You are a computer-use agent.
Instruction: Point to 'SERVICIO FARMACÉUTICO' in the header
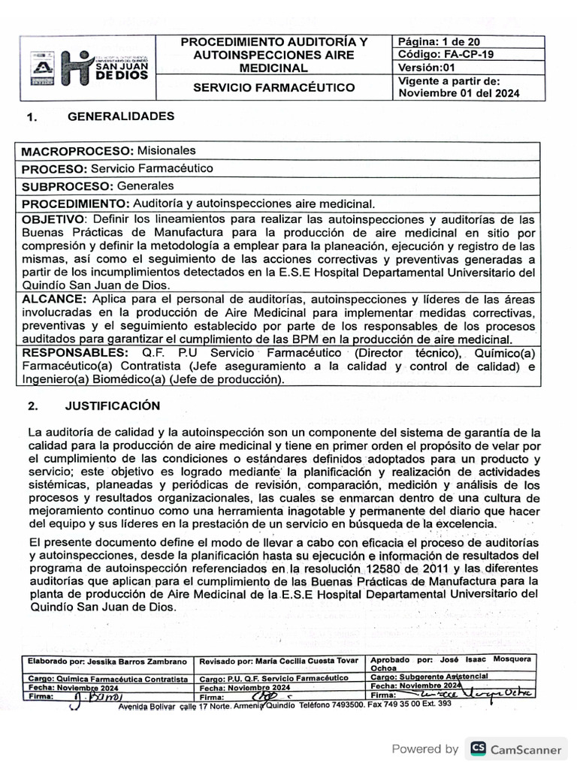click(x=274, y=88)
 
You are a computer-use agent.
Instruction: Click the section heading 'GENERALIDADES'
click(x=121, y=116)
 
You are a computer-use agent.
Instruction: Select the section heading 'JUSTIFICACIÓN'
click(x=113, y=406)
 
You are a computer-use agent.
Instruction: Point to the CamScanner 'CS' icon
click(x=477, y=749)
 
